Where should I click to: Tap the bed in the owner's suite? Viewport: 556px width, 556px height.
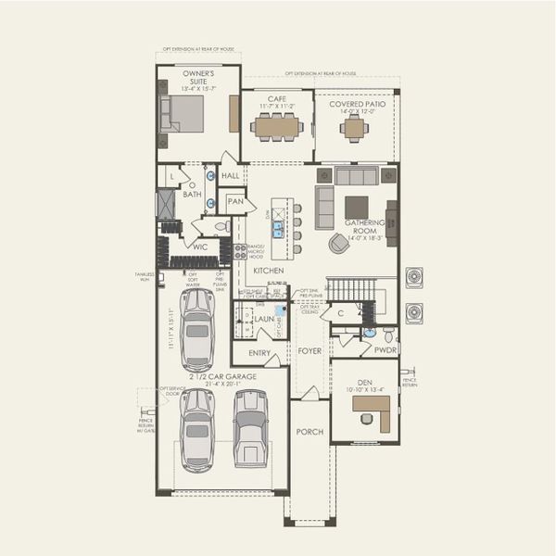(183, 114)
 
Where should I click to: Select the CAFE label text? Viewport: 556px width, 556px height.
(276, 98)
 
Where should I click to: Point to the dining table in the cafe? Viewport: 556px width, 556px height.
(276, 127)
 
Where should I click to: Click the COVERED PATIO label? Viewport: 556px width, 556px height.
(355, 104)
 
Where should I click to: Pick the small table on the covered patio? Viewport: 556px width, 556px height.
(353, 128)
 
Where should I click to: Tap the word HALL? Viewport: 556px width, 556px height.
(230, 174)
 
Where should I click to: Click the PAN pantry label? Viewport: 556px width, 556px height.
(235, 201)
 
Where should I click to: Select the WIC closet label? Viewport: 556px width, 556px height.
(199, 246)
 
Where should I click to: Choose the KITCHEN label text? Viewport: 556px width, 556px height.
(268, 271)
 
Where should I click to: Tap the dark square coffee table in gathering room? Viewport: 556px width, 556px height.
(356, 207)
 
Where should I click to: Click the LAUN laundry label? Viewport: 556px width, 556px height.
(264, 319)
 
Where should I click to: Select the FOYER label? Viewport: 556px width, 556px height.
(309, 351)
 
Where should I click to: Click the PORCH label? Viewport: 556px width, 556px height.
(309, 432)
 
